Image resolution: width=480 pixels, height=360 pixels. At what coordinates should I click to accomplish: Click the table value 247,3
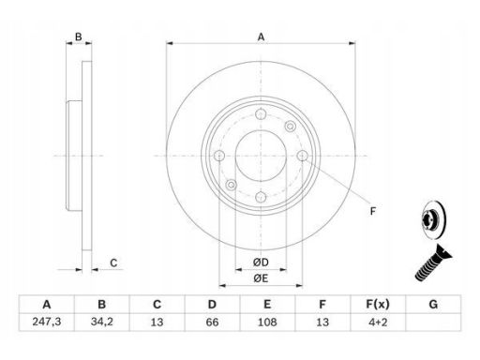coord(47,322)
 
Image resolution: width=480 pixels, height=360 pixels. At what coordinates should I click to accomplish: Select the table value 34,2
coord(102,322)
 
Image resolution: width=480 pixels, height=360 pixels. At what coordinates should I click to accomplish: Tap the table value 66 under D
coord(212,322)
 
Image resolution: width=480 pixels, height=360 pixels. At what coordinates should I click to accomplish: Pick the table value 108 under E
coord(267,322)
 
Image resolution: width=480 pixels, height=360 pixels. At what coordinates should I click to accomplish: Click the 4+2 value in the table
coord(378,322)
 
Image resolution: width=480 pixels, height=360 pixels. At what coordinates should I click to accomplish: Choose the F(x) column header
coord(378,304)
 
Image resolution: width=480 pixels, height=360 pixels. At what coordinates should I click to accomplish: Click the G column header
coord(433,304)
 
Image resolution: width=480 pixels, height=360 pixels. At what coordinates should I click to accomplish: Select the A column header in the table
coord(47,304)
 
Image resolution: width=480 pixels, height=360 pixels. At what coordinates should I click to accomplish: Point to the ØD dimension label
coord(261,262)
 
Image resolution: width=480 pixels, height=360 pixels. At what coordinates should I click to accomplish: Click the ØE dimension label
coord(261,277)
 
